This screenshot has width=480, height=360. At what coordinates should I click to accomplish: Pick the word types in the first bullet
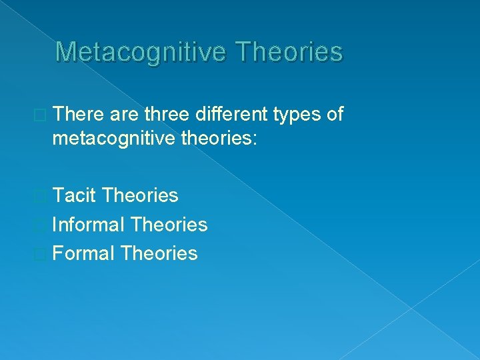[297, 115]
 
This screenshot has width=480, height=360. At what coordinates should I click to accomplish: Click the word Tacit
[75, 195]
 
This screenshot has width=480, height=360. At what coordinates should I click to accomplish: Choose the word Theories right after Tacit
[141, 195]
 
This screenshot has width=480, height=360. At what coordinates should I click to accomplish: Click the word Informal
[89, 225]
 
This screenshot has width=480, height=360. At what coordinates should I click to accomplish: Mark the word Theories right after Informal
[170, 225]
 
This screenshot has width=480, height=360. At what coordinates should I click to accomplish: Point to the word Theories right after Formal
[160, 253]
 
